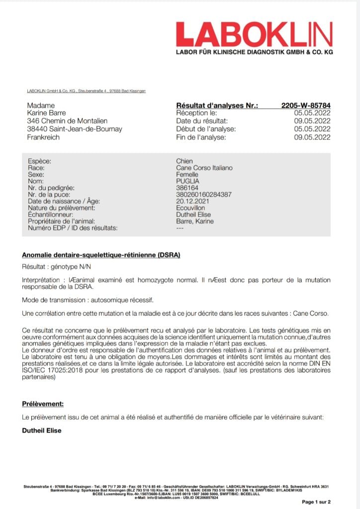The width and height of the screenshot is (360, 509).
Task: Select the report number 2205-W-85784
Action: point(305,105)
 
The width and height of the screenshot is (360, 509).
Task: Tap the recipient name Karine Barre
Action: point(48,113)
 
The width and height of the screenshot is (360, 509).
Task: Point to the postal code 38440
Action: point(38,129)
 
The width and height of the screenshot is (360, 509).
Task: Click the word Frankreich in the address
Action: point(43,137)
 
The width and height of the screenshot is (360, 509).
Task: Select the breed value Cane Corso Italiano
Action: point(204,168)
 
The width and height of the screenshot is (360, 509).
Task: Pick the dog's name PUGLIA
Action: point(188,181)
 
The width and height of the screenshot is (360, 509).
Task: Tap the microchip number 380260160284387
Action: point(203,195)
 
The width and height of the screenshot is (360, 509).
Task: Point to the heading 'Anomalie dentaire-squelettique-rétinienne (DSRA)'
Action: point(101,255)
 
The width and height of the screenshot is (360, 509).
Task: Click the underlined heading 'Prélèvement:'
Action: point(43,404)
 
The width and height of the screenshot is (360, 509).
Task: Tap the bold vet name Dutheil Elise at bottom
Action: point(42,430)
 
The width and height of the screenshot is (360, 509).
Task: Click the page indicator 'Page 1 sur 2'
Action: point(316,502)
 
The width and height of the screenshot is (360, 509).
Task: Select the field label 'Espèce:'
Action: point(39,162)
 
